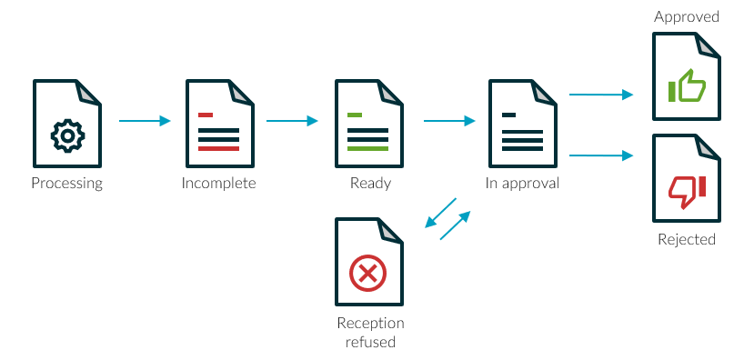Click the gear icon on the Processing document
(67, 135)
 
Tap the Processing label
(67, 184)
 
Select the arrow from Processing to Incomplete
(146, 121)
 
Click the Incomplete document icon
(218, 123)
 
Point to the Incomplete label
(218, 184)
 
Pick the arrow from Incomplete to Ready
(293, 121)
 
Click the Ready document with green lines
(368, 123)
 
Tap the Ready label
(370, 184)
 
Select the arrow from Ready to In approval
(450, 121)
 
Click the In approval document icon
(522, 123)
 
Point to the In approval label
(522, 184)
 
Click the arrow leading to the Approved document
(601, 95)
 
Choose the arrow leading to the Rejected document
(601, 156)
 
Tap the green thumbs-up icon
(687, 86)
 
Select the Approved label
(687, 17)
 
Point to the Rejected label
(687, 240)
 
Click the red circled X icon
(367, 272)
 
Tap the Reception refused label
(370, 333)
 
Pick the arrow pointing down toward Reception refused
(441, 215)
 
